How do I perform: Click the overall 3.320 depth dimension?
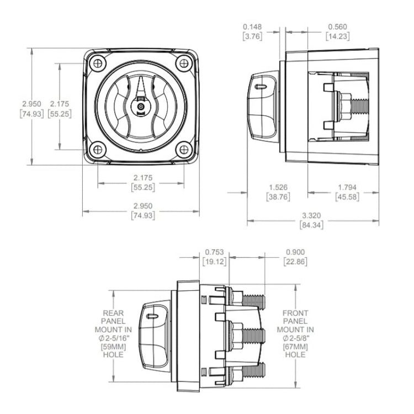tap(312, 215)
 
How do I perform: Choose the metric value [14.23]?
tap(337, 36)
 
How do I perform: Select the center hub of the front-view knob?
tap(140, 105)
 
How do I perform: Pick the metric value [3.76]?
tap(254, 36)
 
